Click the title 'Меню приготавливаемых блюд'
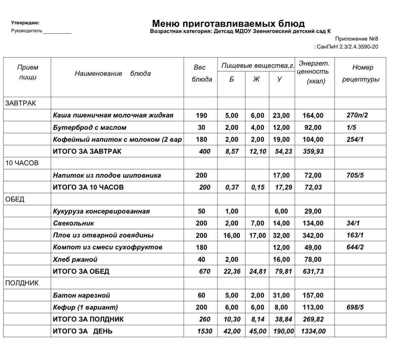pos(228,24)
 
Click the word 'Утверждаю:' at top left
pos(26,23)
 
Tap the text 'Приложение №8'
pos(356,39)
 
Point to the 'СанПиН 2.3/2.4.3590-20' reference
pos(347,47)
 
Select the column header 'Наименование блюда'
pos(113,74)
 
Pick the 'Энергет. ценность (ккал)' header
pos(314,73)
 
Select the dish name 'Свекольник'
pos(74,223)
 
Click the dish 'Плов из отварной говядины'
pos(103,235)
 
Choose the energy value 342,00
pos(313,235)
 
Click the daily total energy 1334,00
pos(314,331)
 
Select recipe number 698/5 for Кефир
pos(355,307)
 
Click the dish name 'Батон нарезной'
pos(81,295)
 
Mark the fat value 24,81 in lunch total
pos(257,271)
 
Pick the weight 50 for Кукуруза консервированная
pos(201,211)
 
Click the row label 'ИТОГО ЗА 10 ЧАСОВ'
pos(88,187)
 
